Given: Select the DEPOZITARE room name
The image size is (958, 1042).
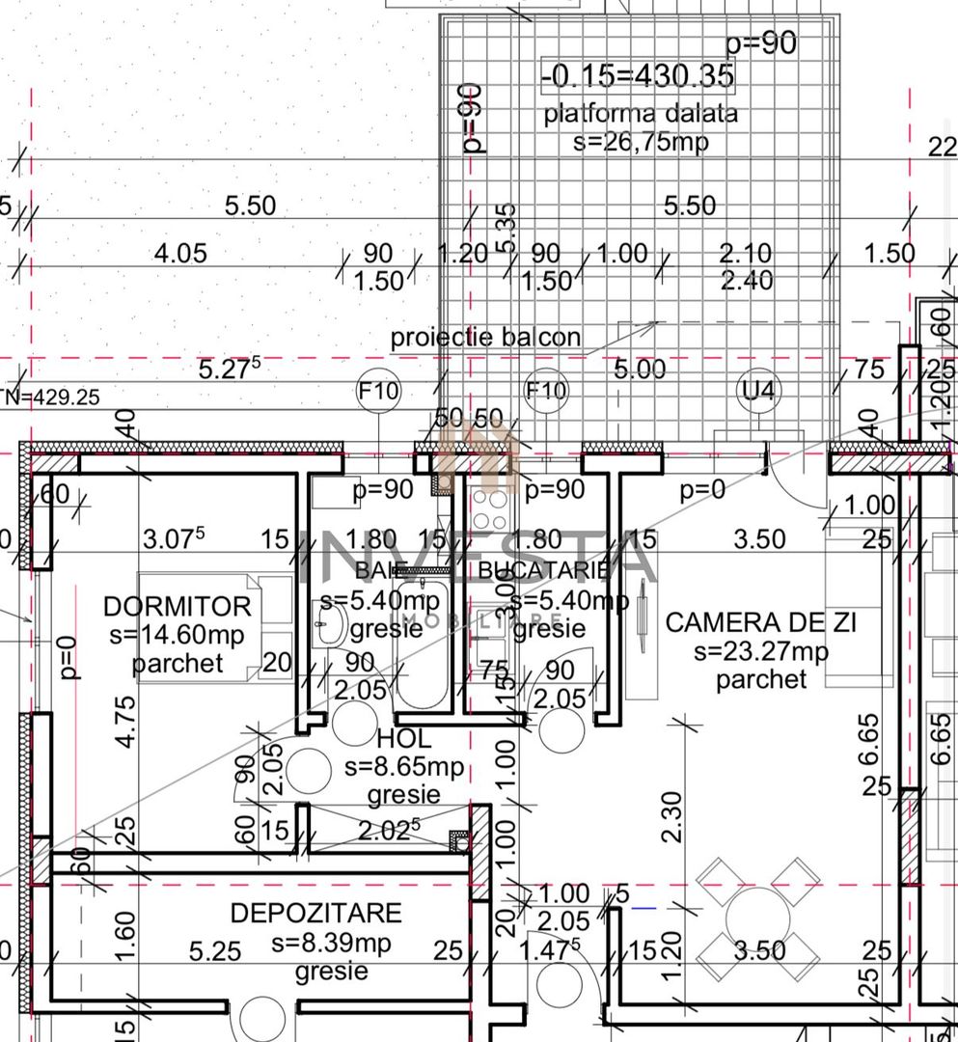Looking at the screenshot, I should point(315,913).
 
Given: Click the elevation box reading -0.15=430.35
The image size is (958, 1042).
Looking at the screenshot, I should point(638,74).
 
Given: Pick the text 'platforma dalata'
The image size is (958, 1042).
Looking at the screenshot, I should point(641,114).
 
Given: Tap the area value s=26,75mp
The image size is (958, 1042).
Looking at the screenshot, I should point(641,142).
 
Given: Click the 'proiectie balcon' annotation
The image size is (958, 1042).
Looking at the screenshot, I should point(485,338).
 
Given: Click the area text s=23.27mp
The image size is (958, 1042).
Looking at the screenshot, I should point(760,651).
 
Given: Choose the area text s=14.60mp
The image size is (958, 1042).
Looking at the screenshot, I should point(177,635).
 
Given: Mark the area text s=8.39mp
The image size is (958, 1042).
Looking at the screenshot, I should point(331,943).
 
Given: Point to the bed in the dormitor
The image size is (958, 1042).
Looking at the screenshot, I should point(215,627).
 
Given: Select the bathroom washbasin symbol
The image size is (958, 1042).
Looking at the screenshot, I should point(331,627).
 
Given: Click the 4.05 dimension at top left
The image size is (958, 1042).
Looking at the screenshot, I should point(180,254).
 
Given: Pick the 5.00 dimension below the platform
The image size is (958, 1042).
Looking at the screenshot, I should point(639,370).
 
